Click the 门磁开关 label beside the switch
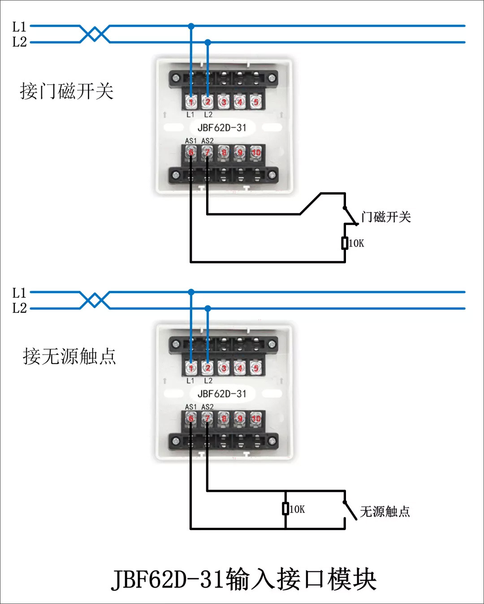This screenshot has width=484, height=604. tap(386, 217)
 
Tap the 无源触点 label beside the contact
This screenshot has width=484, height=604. tap(385, 512)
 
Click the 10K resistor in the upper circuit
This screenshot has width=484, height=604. tap(345, 243)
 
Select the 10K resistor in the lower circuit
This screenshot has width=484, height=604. tap(285, 508)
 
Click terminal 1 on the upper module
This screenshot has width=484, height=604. tap(191, 102)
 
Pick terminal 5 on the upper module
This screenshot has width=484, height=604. tap(255, 102)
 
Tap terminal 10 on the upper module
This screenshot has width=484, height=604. tap(256, 152)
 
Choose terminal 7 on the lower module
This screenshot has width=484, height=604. tap(207, 418)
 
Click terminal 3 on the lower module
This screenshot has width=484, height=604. tap(223, 368)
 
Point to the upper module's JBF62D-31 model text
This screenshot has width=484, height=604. tap(222, 128)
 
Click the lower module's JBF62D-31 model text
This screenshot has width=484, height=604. tap(222, 394)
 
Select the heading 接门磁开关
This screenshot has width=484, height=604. tap(66, 91)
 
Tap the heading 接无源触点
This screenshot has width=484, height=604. tap(69, 356)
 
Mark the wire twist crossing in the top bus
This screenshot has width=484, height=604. tap(95, 34)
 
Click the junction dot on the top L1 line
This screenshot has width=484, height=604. tap(191, 26)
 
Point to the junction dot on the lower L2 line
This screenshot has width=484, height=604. tap(207, 309)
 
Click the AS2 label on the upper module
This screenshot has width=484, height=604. tap(207, 141)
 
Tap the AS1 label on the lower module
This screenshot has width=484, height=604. tap(190, 407)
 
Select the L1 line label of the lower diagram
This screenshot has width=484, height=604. tap(19, 293)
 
